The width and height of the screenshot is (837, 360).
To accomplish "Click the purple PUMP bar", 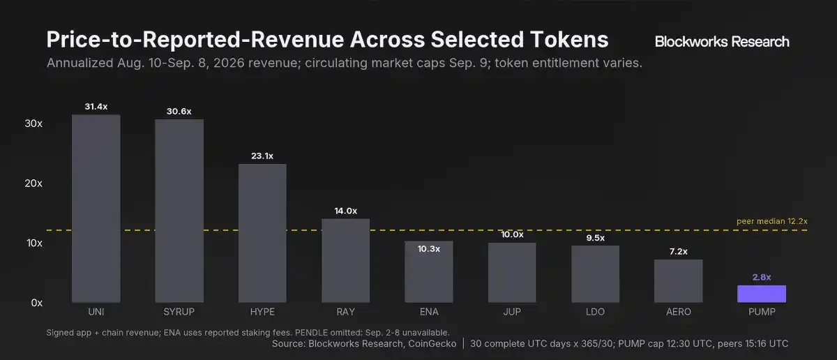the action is coord(762,294).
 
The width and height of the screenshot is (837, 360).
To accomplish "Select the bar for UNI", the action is coord(96,209).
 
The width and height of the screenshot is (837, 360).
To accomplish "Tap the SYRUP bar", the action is coord(179,211).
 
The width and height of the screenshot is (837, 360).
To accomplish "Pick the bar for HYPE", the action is coord(262,233).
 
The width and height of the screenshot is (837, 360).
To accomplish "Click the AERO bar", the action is coord(678,281).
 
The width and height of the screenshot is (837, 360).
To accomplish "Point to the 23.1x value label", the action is coord(262,156).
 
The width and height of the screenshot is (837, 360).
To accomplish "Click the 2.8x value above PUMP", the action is coord(762,278).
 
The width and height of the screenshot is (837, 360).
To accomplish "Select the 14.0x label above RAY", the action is coord(346,211).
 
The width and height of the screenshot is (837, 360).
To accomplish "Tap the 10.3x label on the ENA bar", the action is coord(428,249).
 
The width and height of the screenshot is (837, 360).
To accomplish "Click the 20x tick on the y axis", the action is coord(33,183).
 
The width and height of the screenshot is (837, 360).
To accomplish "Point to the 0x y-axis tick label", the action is coord(36,303).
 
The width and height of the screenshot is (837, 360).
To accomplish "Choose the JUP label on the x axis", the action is coord(512,312).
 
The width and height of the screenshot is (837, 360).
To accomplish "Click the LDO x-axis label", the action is coord(595,312).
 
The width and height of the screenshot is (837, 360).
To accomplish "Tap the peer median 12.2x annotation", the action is coord(772,221).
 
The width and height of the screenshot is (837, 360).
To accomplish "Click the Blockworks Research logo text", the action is coord(722,41).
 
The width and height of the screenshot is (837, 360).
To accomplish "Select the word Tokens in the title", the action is coord(569,39).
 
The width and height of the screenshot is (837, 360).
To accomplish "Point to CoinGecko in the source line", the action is coord(432,344).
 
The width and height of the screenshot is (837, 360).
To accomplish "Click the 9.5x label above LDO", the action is coord(595,238).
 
